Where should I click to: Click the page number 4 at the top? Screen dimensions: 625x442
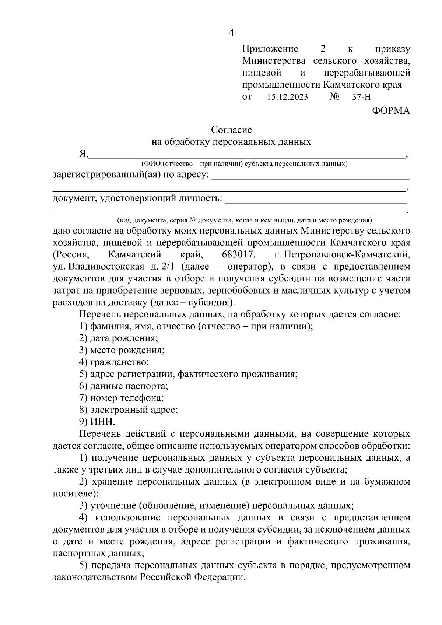click(231, 33)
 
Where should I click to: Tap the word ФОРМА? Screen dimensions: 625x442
click(390, 110)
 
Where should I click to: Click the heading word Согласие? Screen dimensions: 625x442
click(231, 130)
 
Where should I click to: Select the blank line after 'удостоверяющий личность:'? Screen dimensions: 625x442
click(316, 201)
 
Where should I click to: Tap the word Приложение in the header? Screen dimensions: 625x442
click(270, 49)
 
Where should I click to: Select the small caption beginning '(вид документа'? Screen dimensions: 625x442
click(244, 221)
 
